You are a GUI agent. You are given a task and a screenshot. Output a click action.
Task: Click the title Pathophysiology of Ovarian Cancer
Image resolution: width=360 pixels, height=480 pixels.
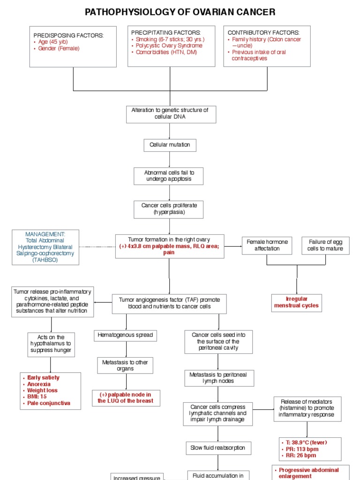click(180, 12)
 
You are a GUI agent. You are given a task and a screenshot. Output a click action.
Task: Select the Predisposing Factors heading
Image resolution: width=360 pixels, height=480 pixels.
click(68, 36)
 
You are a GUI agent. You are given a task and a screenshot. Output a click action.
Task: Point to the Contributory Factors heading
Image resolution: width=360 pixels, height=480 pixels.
click(263, 32)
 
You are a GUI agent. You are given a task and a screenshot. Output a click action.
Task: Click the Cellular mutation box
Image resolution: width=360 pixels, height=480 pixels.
click(170, 145)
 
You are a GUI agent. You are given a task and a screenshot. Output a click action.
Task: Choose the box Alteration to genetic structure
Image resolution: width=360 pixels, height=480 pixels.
click(171, 113)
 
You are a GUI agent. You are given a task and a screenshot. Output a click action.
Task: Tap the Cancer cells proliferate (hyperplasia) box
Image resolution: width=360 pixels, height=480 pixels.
click(169, 209)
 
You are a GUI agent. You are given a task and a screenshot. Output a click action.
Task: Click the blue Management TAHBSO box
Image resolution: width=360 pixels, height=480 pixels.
click(45, 247)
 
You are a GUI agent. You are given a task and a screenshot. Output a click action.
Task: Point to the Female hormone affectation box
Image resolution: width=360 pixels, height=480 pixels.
click(267, 245)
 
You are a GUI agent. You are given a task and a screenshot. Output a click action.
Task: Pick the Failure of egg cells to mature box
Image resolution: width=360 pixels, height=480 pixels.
click(325, 245)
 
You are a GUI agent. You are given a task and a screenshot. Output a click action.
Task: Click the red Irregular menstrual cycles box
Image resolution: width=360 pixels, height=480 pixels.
click(296, 302)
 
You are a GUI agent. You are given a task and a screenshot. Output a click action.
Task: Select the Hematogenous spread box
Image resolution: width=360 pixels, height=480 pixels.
click(125, 335)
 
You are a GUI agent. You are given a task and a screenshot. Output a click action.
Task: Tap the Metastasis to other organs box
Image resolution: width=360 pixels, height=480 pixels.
click(125, 365)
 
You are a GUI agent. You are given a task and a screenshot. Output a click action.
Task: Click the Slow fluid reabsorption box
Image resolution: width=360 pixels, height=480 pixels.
click(217, 448)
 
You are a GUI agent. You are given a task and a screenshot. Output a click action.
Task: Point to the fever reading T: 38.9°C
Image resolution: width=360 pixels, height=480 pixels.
click(305, 442)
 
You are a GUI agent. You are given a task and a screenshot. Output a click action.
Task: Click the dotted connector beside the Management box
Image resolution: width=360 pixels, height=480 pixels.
click(97, 247)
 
